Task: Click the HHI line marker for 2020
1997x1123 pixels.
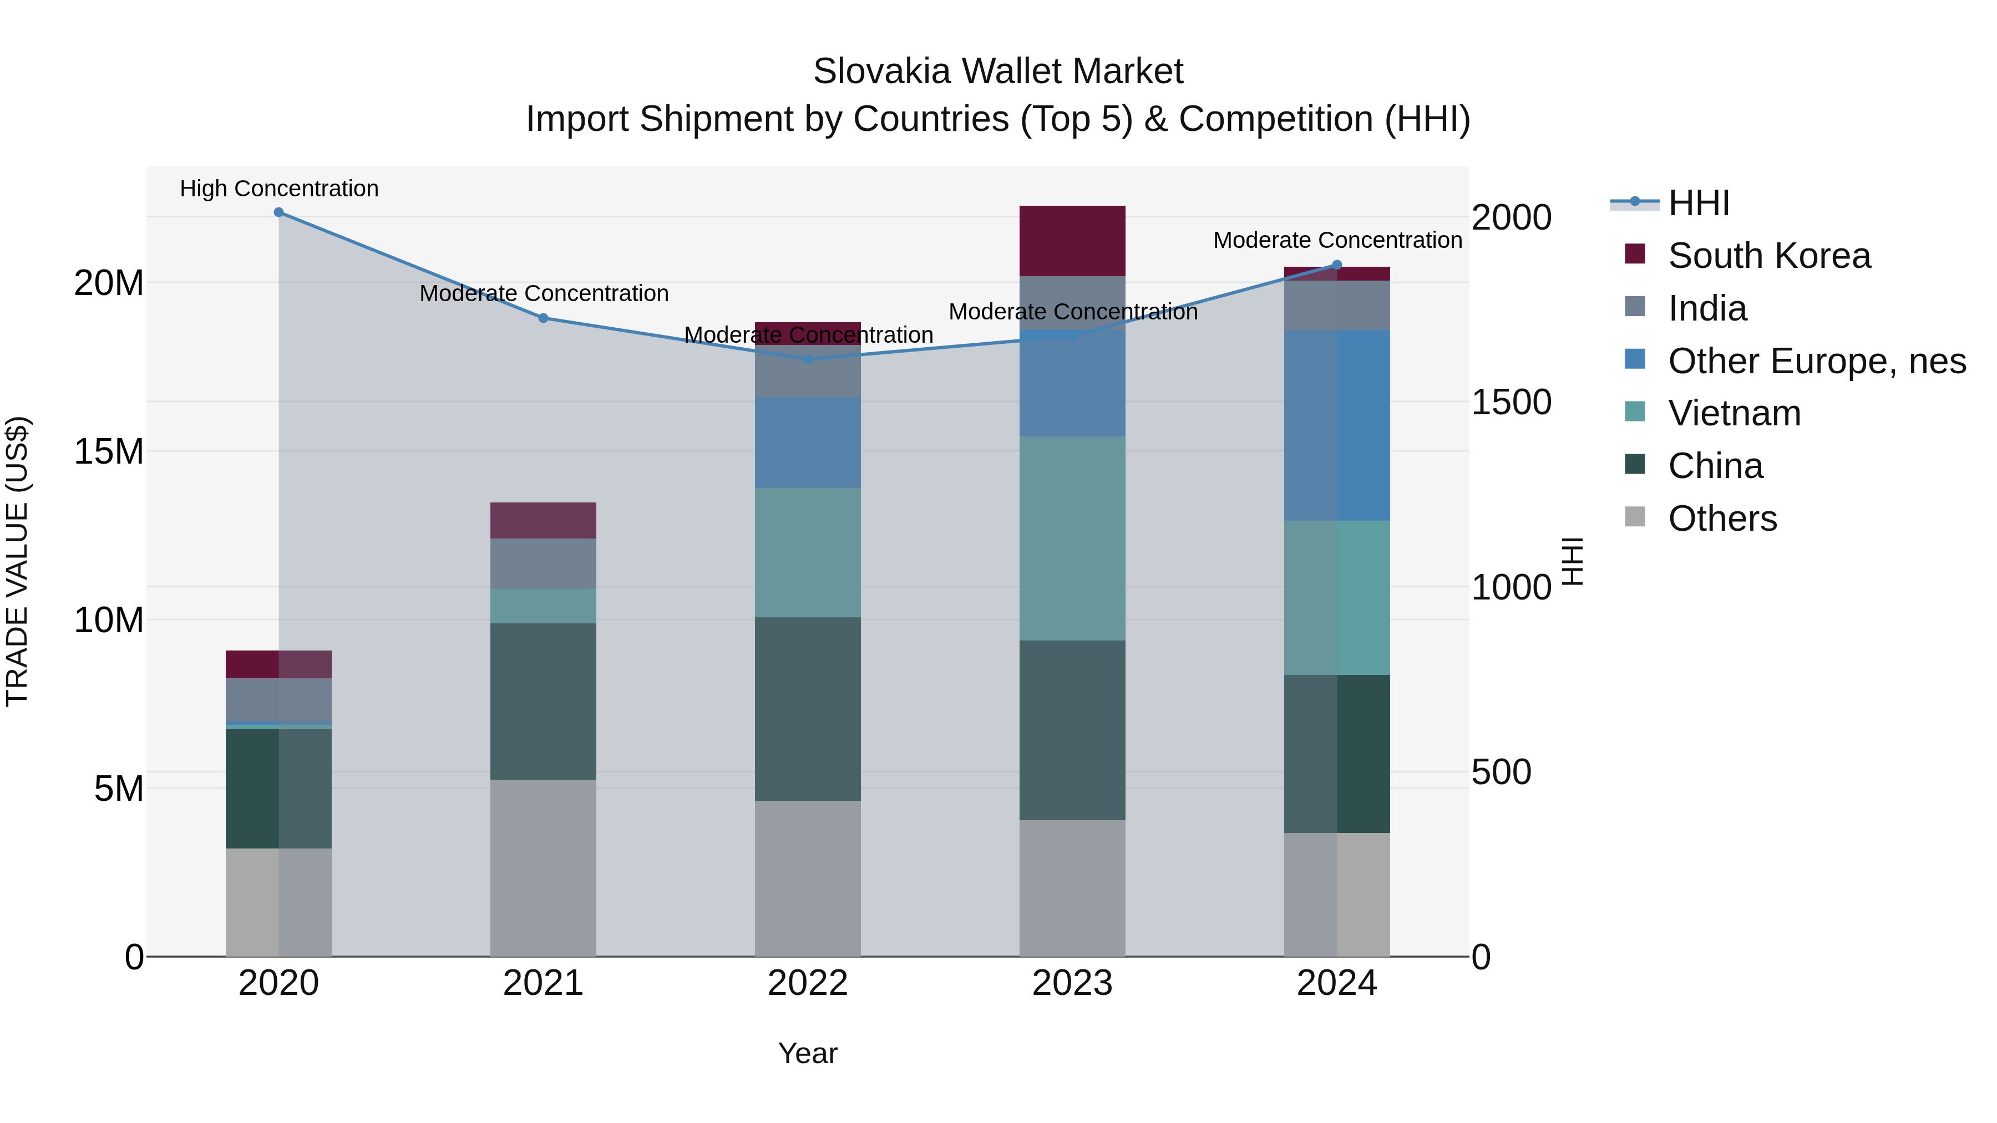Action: pos(278,212)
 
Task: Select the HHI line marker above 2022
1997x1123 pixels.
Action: pos(808,359)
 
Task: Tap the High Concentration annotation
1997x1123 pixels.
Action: pos(279,189)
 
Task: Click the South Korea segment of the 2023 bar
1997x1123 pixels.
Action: pos(1072,241)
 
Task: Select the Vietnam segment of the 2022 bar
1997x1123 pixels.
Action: pos(808,552)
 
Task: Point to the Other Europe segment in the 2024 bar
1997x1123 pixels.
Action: pos(1336,425)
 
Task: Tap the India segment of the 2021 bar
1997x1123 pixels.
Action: pos(543,563)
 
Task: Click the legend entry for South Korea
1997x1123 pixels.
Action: pos(1768,256)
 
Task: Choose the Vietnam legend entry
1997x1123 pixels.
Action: pos(1734,413)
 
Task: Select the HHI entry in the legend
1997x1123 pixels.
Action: pos(1698,203)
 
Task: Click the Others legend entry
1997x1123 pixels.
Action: pos(1722,519)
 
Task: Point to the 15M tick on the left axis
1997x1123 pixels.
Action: pos(109,451)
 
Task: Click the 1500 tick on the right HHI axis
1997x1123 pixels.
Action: pos(1511,402)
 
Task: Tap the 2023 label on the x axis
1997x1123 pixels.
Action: pos(1072,983)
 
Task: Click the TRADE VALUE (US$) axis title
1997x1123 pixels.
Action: pos(17,561)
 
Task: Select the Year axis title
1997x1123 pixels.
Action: pos(808,1053)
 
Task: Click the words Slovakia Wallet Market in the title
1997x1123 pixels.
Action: pos(998,72)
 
